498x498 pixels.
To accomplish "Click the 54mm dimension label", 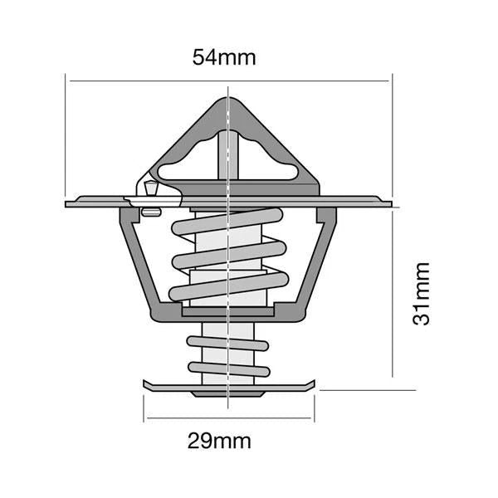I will (224, 57).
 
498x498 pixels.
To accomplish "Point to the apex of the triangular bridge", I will (227, 101).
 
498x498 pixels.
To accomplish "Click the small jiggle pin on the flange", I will (150, 193).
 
